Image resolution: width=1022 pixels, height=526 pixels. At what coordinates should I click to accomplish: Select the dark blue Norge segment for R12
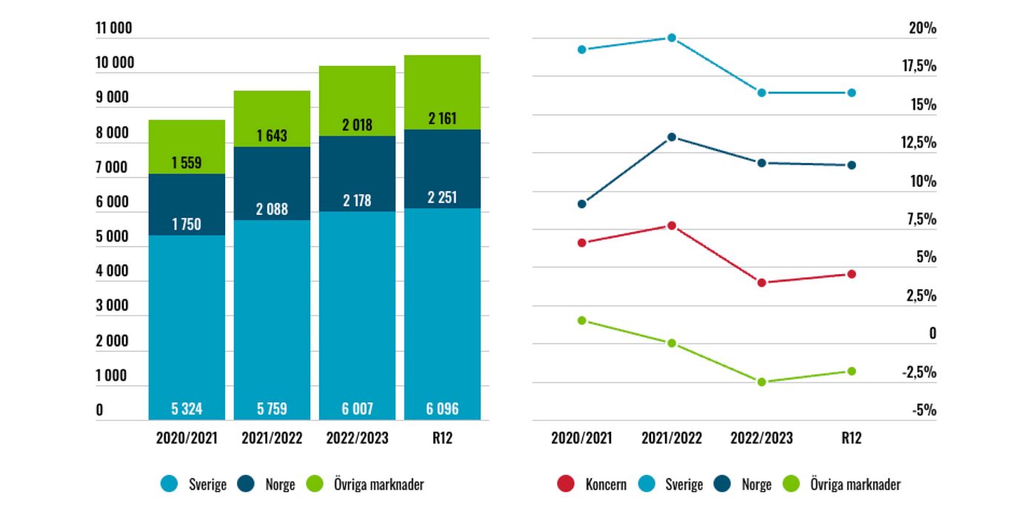click(443, 169)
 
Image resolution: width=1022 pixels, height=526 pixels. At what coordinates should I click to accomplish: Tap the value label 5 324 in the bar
click(187, 408)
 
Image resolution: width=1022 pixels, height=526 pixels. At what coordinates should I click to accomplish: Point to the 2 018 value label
click(357, 124)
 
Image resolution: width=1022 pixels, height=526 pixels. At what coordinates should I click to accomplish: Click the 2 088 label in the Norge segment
click(272, 210)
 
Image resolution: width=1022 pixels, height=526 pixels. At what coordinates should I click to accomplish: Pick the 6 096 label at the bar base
click(443, 408)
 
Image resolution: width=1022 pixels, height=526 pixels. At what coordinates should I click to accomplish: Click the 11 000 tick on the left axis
click(114, 29)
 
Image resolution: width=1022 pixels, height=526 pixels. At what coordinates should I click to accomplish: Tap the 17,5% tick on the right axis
click(918, 67)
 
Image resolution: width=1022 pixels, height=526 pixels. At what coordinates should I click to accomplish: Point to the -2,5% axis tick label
click(919, 373)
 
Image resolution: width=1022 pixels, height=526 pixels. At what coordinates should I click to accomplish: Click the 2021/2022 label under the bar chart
click(272, 438)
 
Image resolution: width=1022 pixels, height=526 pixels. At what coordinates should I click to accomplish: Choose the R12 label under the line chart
click(852, 438)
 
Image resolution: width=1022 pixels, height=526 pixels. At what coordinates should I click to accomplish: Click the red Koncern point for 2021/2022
click(672, 225)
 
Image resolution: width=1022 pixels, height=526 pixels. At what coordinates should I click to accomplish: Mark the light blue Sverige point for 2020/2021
click(582, 50)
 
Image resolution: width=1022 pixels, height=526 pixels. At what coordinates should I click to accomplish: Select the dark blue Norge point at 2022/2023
click(761, 163)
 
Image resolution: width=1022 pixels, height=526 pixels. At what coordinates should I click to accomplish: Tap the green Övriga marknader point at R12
click(852, 371)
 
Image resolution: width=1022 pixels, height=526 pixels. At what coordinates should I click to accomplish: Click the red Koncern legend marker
click(565, 485)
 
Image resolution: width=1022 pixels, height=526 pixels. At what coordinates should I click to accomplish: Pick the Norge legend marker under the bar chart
click(247, 485)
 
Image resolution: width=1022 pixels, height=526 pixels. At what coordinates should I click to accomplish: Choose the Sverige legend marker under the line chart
click(646, 485)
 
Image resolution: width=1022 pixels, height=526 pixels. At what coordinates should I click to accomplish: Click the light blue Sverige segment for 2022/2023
click(357, 311)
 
